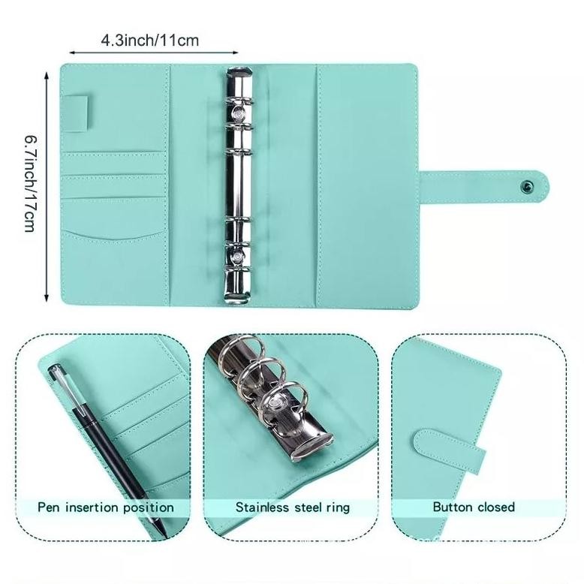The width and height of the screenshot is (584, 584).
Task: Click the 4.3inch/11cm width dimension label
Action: click(x=150, y=40)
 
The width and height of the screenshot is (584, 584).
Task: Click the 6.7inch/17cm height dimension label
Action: click(x=31, y=183)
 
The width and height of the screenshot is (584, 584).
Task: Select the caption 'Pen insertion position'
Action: click(x=106, y=507)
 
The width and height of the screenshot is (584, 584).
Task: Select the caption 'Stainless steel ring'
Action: click(x=293, y=507)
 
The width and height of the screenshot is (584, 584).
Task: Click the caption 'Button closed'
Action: click(x=474, y=507)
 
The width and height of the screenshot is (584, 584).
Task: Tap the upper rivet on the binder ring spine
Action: click(x=239, y=114)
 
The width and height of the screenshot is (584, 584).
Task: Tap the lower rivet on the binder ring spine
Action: click(x=239, y=257)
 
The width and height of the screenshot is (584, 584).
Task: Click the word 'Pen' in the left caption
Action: click(x=50, y=507)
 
